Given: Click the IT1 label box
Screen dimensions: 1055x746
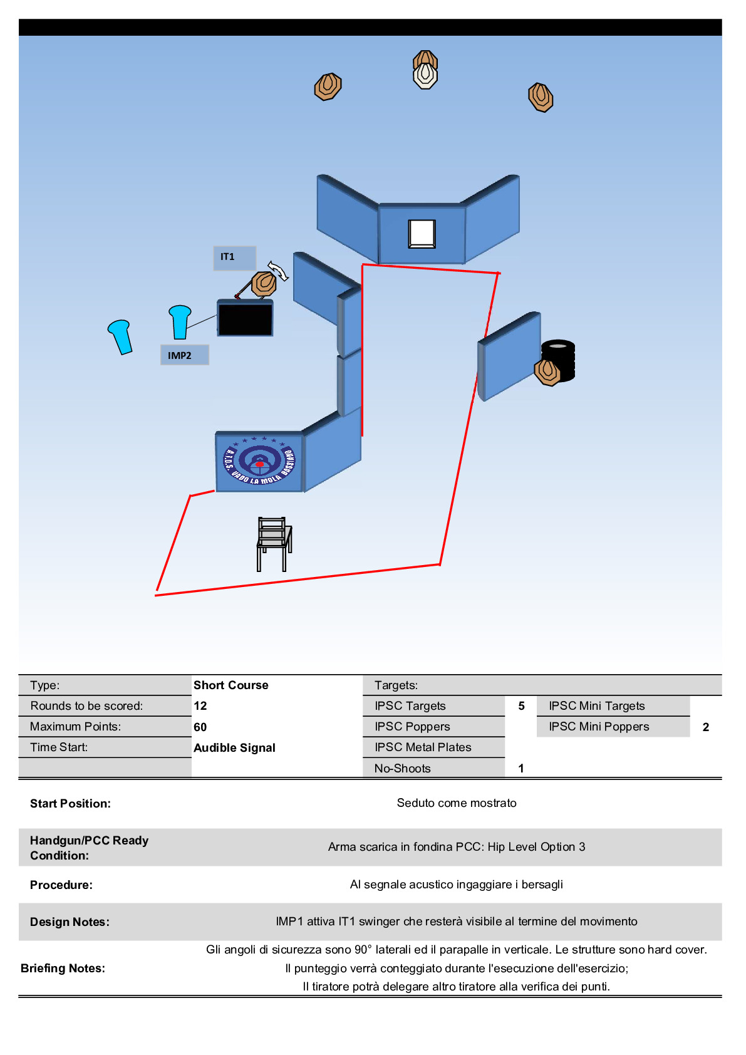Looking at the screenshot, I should coord(234,257).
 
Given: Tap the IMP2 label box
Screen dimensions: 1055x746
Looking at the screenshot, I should coord(184,355).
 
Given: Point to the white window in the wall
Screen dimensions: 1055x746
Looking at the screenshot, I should coord(422,234).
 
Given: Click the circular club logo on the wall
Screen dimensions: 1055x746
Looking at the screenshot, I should coord(259,461).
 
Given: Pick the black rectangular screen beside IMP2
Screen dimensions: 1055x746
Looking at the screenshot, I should coord(245,318).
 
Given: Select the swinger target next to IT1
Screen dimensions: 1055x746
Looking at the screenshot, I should coord(264,284).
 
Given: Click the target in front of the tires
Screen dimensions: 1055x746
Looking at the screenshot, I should coord(547,372).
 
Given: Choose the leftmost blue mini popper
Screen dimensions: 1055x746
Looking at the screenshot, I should coord(120,336).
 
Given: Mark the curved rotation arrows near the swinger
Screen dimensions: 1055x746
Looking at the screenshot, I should coord(277,270).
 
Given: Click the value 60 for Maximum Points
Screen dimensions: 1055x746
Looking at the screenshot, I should coord(200,727).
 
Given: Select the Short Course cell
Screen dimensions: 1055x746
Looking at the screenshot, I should coord(231,685).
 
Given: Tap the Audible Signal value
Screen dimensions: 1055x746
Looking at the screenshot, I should coord(235,747).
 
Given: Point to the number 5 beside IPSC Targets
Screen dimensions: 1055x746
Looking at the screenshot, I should coord(521,706).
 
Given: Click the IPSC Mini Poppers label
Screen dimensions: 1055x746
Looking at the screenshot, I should coord(599,727).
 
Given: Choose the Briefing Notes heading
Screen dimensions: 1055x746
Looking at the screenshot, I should coord(63,968).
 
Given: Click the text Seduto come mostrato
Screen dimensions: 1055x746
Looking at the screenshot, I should coord(457,803).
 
